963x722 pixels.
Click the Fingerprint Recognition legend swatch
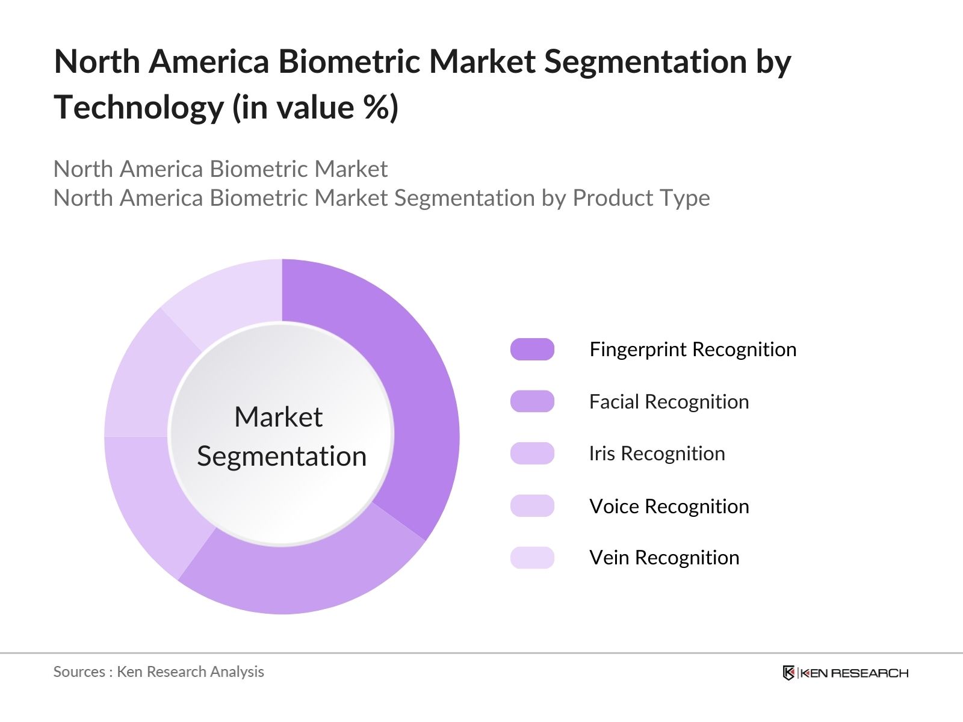click(x=532, y=350)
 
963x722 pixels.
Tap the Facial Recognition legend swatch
click(x=532, y=401)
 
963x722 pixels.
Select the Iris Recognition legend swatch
click(x=532, y=454)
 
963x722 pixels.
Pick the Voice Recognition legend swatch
click(x=532, y=506)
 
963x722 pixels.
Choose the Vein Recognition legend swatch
click(x=532, y=558)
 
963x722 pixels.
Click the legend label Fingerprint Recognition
click(x=693, y=350)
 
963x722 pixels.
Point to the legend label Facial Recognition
click(x=669, y=401)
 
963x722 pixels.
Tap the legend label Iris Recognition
click(x=657, y=454)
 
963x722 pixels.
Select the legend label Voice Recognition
click(x=669, y=506)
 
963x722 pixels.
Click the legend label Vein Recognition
click(x=664, y=558)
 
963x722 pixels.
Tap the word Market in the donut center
click(x=278, y=417)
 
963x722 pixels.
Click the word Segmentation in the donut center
click(x=282, y=456)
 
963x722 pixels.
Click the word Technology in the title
click(x=138, y=108)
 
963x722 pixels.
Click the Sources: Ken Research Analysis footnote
click(x=159, y=671)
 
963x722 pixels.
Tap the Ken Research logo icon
click(x=788, y=673)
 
